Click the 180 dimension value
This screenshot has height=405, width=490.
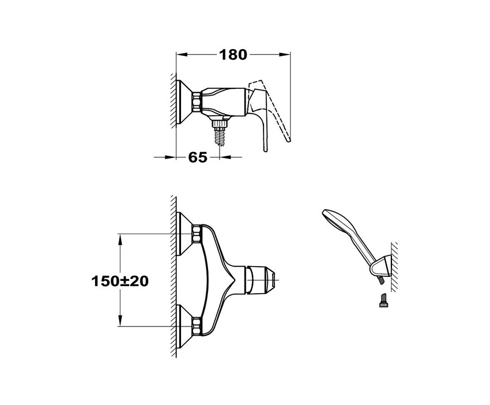233,55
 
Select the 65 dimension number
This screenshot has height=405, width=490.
198,157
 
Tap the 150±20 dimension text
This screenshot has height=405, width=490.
120,281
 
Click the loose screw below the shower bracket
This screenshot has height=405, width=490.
383,299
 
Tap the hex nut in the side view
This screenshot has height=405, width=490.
196,102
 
